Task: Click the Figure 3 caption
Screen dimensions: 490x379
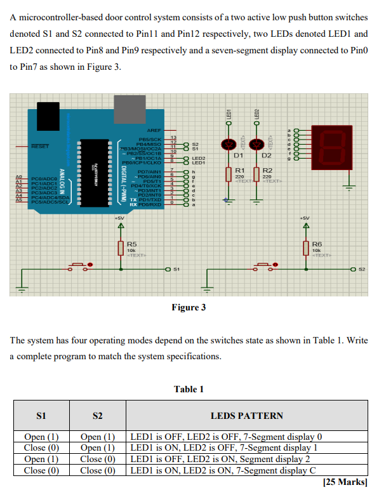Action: coord(189,308)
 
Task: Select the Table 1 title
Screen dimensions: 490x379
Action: coord(189,389)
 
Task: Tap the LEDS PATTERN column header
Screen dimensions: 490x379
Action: coord(246,416)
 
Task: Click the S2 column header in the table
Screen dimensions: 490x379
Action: coord(97,416)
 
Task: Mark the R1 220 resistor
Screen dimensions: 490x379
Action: coord(229,175)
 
